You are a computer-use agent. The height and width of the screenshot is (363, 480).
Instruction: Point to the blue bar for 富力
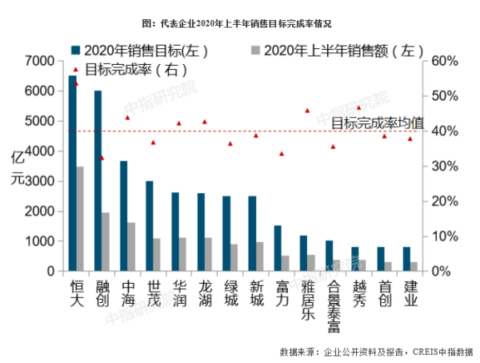point(278,248)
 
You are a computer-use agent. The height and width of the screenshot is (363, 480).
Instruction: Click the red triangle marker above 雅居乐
point(306,111)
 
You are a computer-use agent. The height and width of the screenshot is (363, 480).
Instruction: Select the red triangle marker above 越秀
point(358,107)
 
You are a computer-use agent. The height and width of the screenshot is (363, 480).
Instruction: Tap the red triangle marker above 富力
point(281,153)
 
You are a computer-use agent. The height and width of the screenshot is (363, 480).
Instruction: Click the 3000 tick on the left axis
point(39,182)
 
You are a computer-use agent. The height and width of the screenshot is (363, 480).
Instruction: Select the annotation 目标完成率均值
point(378,123)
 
